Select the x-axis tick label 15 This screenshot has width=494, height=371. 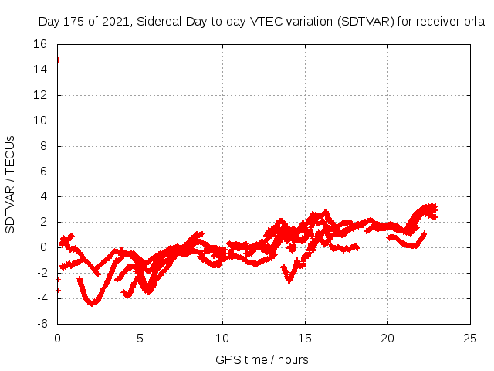point(306,338)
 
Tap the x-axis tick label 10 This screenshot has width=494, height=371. point(222,338)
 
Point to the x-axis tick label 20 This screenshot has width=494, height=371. point(388,338)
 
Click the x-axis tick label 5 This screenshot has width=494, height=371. point(140,338)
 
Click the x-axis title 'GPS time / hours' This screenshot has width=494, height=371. point(262,359)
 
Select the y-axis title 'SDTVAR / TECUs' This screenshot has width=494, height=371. point(11,184)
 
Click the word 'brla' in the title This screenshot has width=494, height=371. point(474,22)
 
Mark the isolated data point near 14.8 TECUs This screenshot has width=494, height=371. point(58,60)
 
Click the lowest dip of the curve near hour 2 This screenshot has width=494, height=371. point(92,303)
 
